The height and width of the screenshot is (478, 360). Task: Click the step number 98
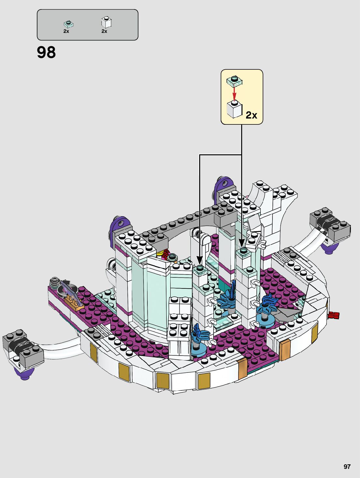point(46,52)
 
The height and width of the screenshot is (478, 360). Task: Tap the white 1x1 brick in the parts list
point(106,23)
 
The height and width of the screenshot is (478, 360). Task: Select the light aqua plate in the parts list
point(68,24)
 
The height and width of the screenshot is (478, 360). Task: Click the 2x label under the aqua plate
point(66,31)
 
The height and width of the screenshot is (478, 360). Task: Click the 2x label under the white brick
point(104,31)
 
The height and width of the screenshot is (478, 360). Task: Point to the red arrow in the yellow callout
point(234,93)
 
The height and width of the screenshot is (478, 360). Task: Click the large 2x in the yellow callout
point(251,115)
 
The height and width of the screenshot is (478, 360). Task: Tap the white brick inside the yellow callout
point(234,109)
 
